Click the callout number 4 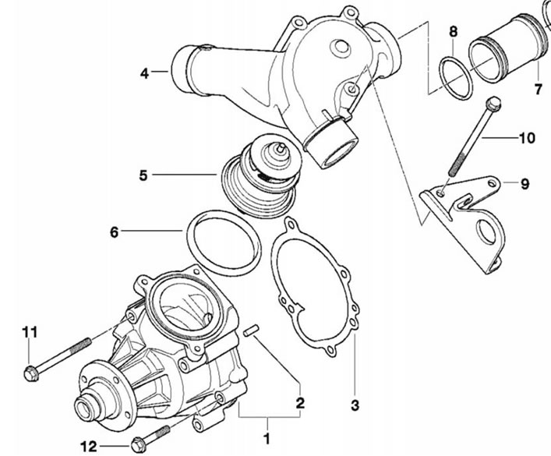(x=144, y=73)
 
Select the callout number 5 (x=143, y=175)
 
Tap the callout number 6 (x=115, y=232)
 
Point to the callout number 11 (x=30, y=331)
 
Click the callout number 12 (x=89, y=447)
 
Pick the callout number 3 (x=355, y=405)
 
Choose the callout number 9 (x=525, y=183)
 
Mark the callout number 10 (x=527, y=138)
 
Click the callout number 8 (x=454, y=32)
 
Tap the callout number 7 (x=539, y=90)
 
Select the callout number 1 (x=267, y=438)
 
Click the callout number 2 (x=300, y=403)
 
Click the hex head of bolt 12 (x=138, y=445)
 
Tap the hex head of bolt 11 (x=31, y=373)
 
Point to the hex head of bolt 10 (x=493, y=103)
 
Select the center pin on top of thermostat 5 (x=281, y=148)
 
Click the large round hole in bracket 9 (x=486, y=232)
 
